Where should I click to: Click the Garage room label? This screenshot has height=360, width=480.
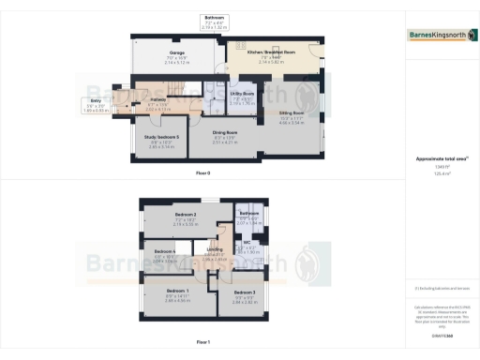click(x=176, y=52)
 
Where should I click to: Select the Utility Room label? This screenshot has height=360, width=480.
click(x=217, y=94)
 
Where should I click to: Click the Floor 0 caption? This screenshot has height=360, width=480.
click(x=203, y=174)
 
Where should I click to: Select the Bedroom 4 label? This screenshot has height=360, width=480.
click(x=164, y=251)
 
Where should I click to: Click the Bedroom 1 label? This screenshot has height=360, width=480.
click(x=164, y=291)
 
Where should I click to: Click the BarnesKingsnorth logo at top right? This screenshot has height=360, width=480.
click(x=438, y=36)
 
